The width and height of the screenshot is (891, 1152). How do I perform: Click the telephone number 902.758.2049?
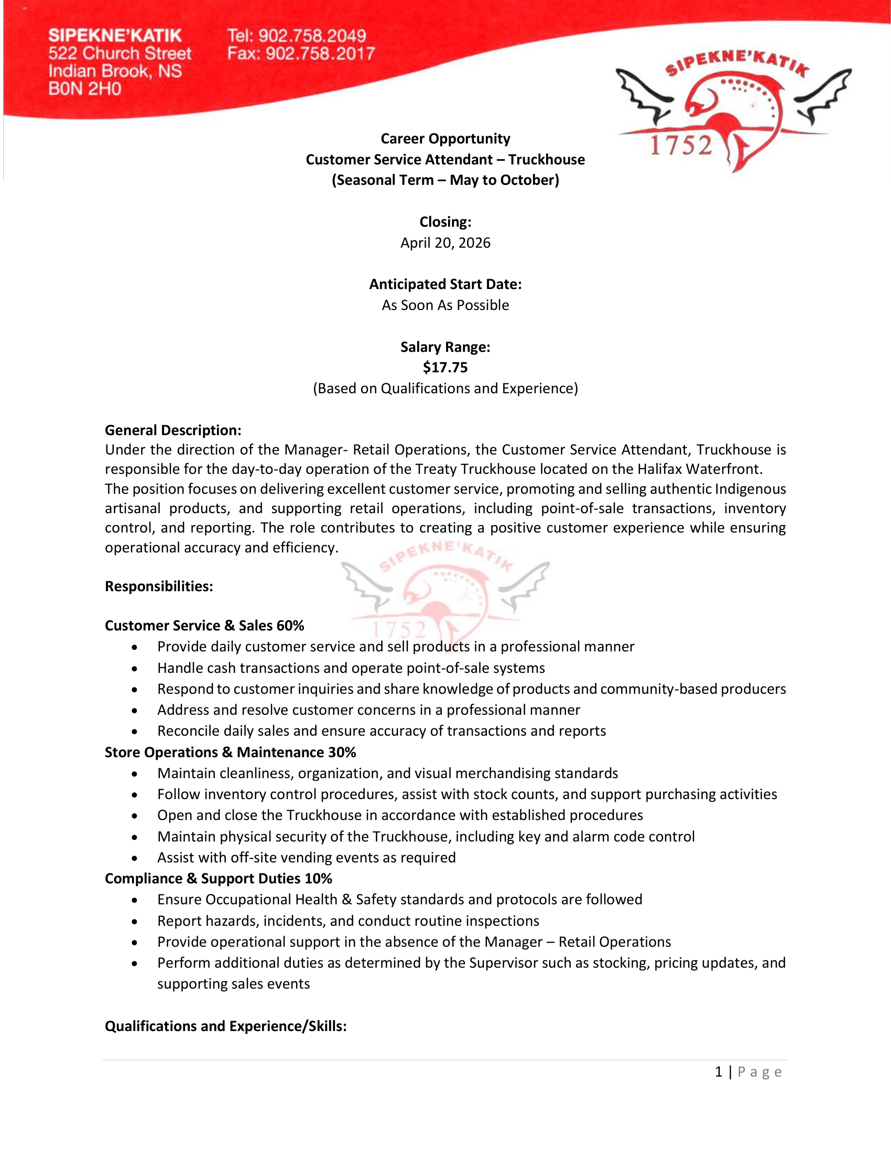click(312, 36)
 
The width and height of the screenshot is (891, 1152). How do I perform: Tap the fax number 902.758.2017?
click(320, 54)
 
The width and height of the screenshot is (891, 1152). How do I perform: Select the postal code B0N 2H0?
click(85, 88)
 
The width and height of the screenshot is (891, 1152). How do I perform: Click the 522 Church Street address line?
click(120, 54)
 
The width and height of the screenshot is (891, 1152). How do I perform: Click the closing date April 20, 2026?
click(445, 242)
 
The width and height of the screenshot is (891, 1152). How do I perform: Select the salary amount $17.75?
click(445, 367)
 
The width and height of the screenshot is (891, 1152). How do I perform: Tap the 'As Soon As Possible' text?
click(445, 305)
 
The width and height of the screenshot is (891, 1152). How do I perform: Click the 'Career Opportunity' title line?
click(445, 139)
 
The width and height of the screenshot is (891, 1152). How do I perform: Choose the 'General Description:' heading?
click(173, 430)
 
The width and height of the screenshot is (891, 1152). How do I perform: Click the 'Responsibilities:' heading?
click(159, 586)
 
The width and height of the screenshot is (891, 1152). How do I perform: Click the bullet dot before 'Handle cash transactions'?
click(135, 668)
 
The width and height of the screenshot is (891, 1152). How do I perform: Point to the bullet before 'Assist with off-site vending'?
click(135, 858)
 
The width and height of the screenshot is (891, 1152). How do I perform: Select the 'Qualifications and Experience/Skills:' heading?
click(225, 1026)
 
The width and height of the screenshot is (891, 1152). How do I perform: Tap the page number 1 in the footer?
click(719, 1072)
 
